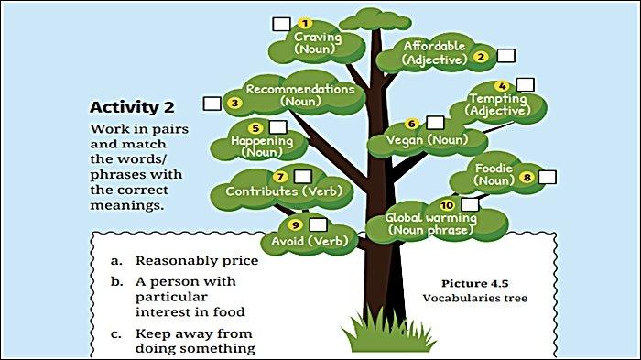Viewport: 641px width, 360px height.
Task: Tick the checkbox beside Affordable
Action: coord(505,55)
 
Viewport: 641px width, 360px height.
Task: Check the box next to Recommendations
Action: coord(212,103)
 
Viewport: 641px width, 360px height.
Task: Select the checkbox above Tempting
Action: coord(525,84)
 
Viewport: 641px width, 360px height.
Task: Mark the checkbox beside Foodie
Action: coord(548,177)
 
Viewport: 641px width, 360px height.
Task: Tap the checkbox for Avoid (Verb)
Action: coord(318,224)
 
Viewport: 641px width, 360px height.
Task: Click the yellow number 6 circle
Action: coord(411,123)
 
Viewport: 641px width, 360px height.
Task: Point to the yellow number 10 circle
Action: coord(447,204)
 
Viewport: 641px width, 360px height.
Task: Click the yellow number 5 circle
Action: coord(255,128)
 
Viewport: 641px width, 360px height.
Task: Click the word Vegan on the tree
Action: coord(405,139)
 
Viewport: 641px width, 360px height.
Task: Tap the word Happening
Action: coord(262,141)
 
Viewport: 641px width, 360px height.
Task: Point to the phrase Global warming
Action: coord(430,218)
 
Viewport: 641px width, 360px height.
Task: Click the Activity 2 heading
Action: coord(138,106)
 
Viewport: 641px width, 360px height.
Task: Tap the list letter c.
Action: coord(116,333)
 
